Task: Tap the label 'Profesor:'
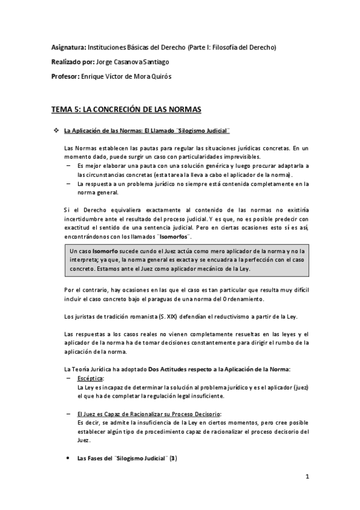(x=65, y=76)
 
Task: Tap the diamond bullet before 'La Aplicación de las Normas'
(x=56, y=131)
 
